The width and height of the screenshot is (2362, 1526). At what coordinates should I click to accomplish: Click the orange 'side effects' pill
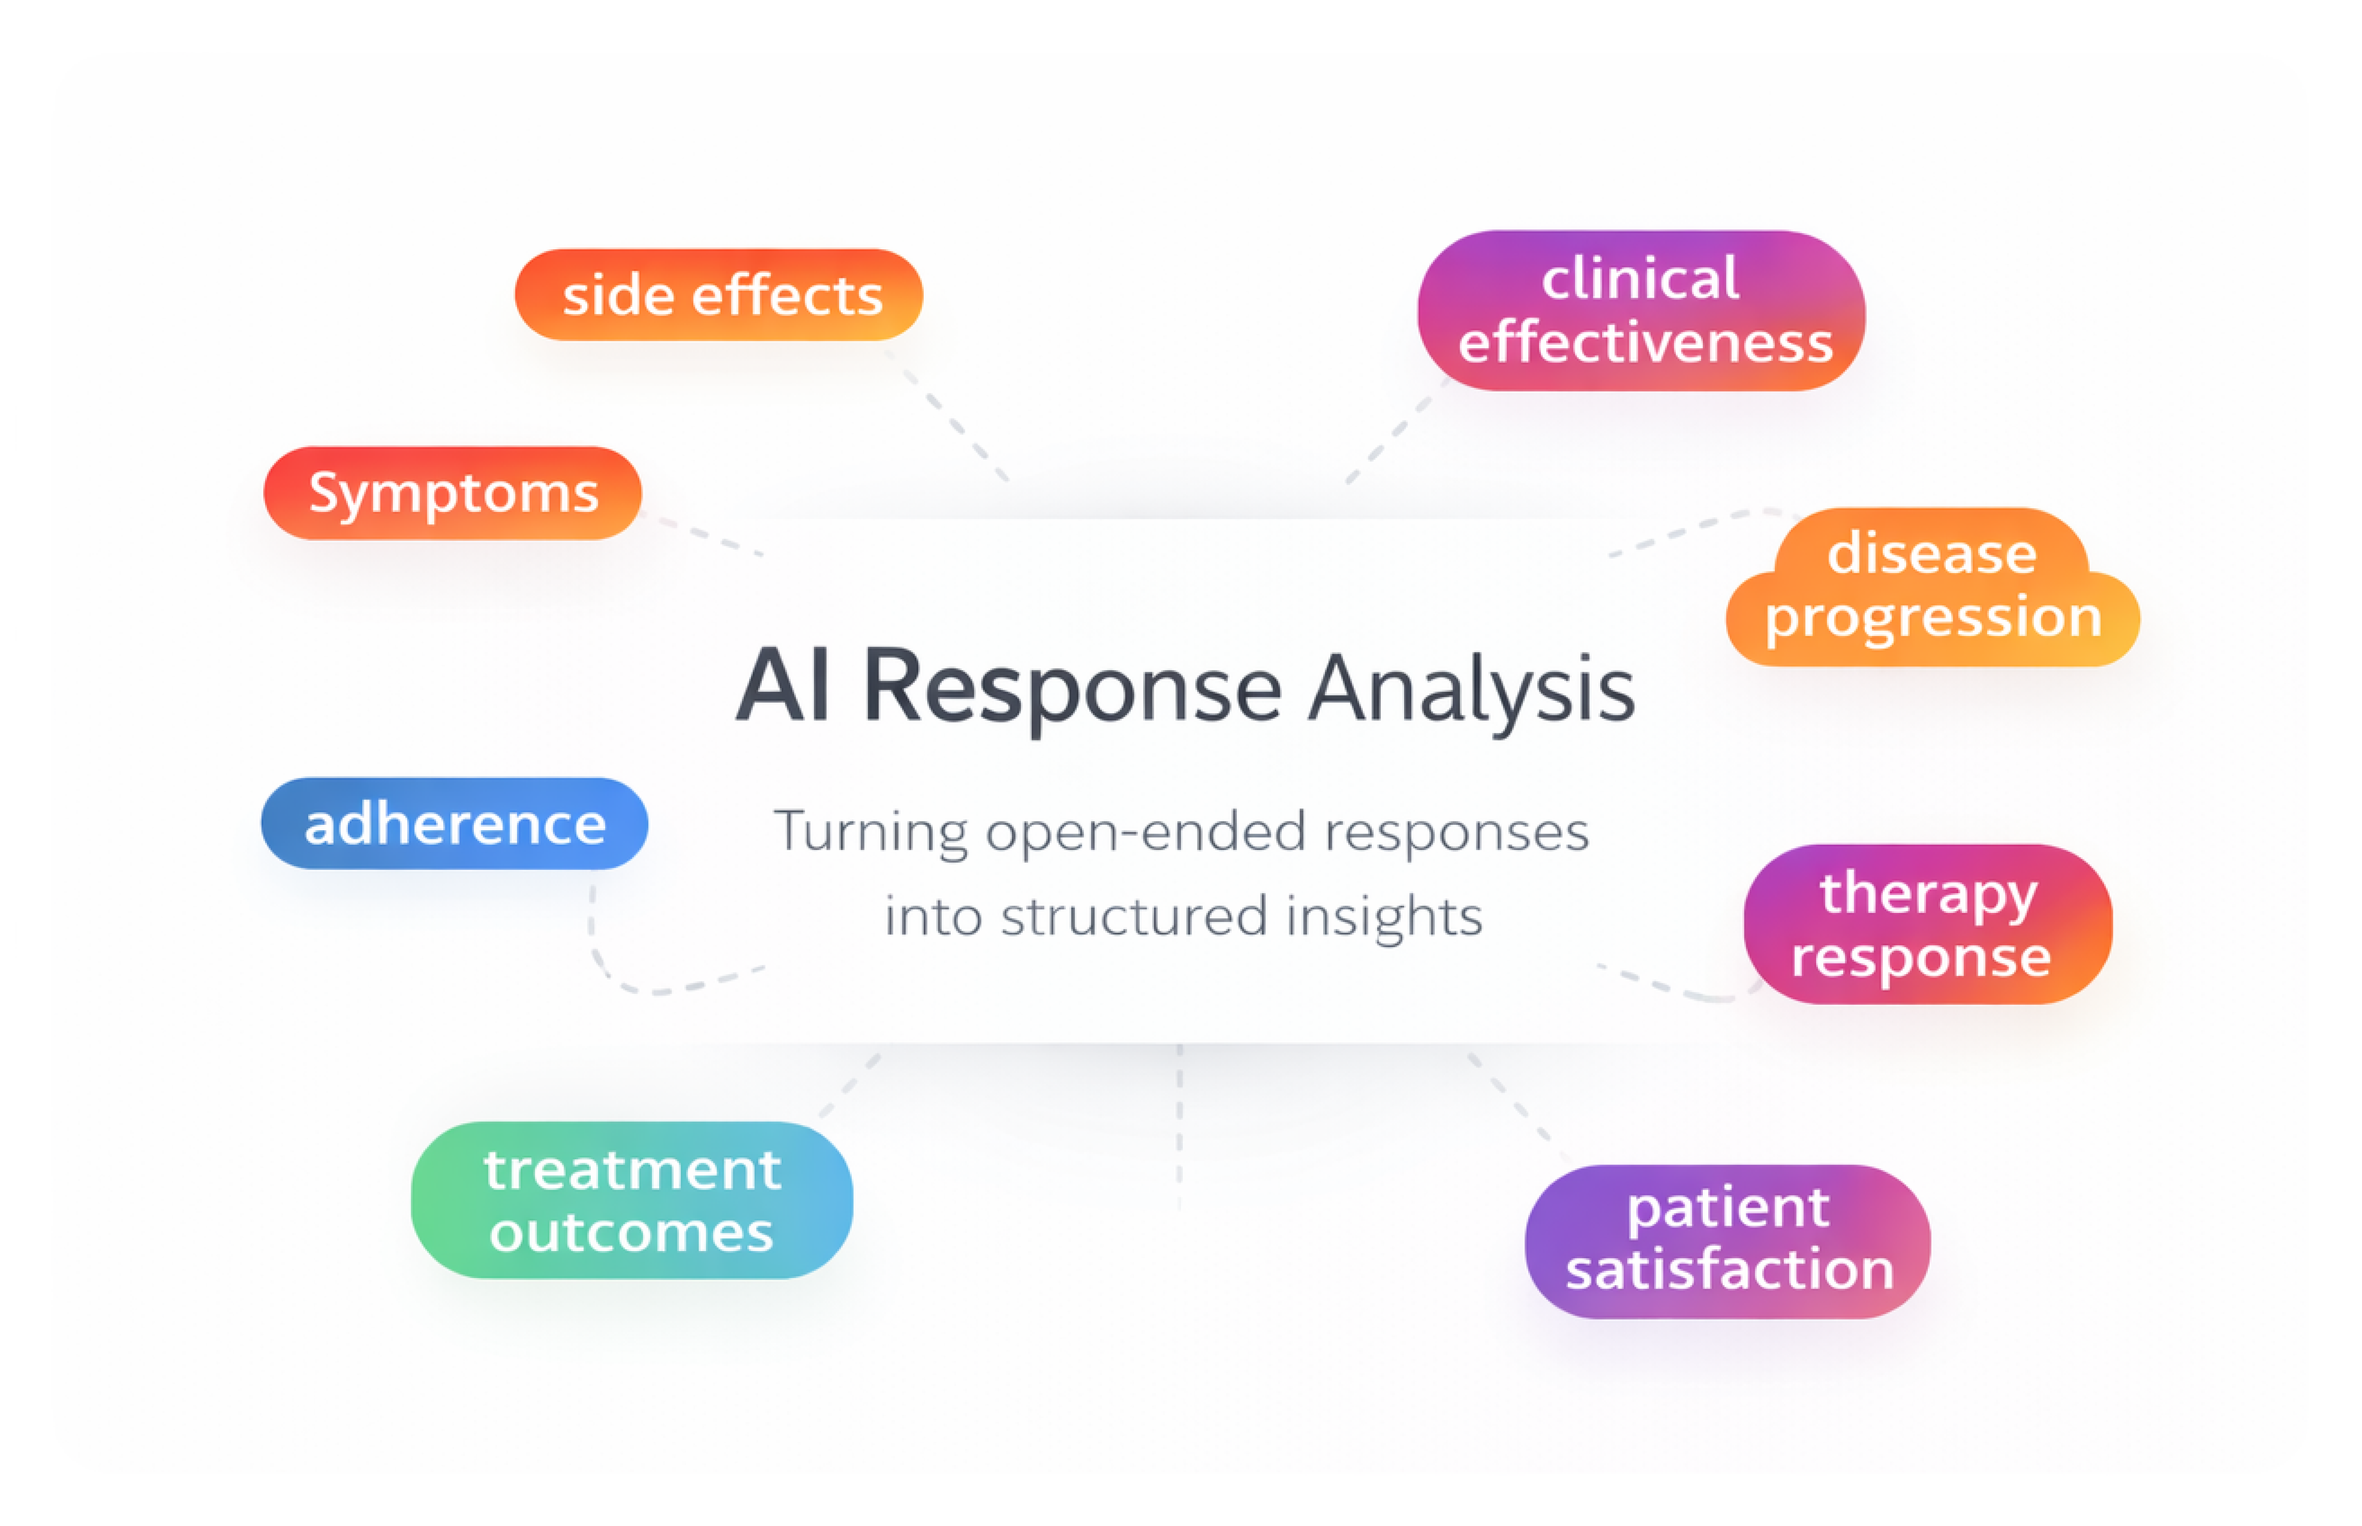[x=719, y=294]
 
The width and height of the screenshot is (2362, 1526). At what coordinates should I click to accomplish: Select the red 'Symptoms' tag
[x=452, y=493]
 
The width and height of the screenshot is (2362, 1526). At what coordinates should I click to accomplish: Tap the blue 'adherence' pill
[x=454, y=823]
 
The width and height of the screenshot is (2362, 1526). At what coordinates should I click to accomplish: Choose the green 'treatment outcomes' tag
[x=632, y=1200]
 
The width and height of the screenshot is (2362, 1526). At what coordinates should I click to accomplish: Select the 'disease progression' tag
[x=1933, y=587]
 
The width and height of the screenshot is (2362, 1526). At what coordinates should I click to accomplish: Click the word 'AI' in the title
[x=783, y=686]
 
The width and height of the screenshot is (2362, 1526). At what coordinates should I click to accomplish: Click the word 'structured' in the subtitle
[x=1134, y=916]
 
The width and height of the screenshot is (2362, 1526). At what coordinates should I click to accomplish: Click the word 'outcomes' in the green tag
[x=632, y=1233]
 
